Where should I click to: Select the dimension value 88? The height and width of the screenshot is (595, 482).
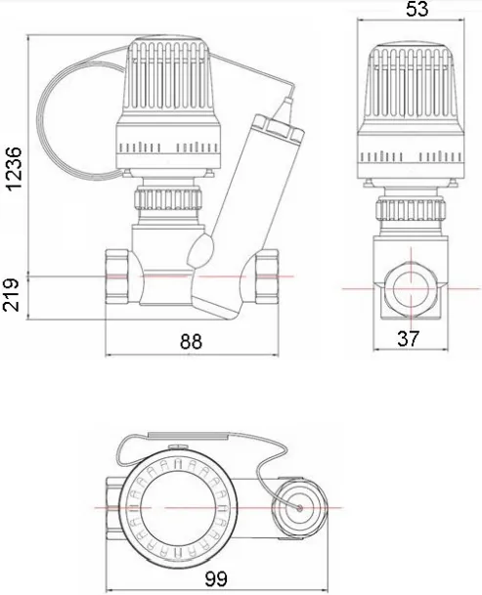point(191,341)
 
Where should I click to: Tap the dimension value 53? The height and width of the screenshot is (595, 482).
point(416,9)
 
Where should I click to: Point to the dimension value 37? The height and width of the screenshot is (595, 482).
point(409,338)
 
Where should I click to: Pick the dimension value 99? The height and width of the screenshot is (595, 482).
point(216,578)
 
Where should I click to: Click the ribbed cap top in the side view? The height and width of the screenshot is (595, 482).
point(412,82)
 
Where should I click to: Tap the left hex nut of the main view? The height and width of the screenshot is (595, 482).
point(117,276)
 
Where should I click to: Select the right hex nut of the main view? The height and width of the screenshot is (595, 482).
point(267,276)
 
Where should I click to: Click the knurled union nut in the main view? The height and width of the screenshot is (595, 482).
point(168,198)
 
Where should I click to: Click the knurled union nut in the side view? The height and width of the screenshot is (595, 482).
point(410,209)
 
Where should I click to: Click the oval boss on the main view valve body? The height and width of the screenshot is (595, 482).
point(201,249)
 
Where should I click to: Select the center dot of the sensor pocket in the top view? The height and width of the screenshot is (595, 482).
point(300,508)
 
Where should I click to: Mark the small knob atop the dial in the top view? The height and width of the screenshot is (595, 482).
point(178,446)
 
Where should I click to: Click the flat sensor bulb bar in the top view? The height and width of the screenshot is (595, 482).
point(188,436)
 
